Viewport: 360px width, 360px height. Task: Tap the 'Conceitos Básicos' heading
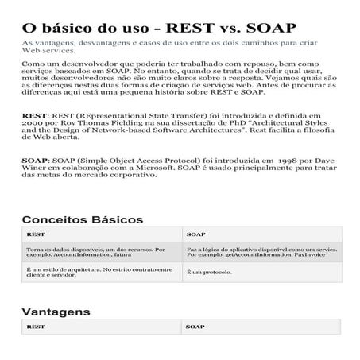point(82,219)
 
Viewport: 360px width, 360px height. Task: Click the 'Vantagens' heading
point(56,311)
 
